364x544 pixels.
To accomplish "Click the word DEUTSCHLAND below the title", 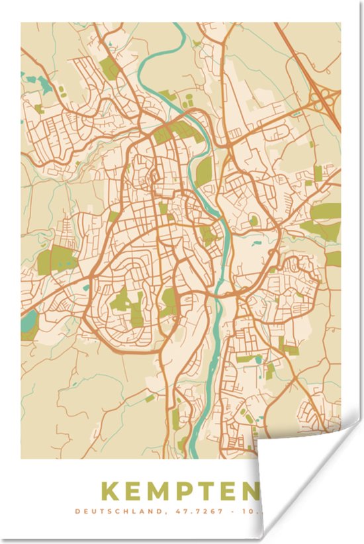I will coord(109,511).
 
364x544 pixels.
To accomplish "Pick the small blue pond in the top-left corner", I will coord(44,83).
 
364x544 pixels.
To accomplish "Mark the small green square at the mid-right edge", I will coord(333,258).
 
